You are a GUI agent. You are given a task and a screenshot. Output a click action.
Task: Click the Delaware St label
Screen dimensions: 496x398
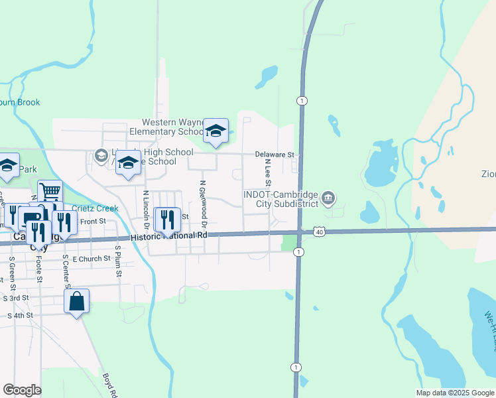click(274, 155)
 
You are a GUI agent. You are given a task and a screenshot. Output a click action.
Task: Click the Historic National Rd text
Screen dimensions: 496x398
click(169, 236)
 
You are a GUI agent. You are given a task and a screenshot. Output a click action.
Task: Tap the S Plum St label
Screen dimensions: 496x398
click(117, 261)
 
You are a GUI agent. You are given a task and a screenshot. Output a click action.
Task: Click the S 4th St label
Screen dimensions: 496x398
click(20, 316)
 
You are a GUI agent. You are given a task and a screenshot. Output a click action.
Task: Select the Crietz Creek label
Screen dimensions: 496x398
click(95, 208)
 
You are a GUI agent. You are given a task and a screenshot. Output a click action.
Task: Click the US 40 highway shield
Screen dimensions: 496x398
click(320, 232)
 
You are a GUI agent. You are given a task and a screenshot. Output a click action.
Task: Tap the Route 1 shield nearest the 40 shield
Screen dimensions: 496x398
click(299, 252)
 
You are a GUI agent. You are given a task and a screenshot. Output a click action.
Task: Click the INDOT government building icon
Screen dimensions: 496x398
click(328, 198)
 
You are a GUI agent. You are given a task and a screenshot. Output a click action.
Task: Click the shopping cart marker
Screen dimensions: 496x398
click(50, 192)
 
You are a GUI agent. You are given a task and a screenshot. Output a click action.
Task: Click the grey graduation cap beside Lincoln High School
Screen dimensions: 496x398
click(101, 156)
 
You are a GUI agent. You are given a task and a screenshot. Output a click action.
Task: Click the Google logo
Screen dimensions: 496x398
click(22, 390)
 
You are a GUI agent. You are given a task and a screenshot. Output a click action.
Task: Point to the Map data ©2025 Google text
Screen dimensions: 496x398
click(456, 393)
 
